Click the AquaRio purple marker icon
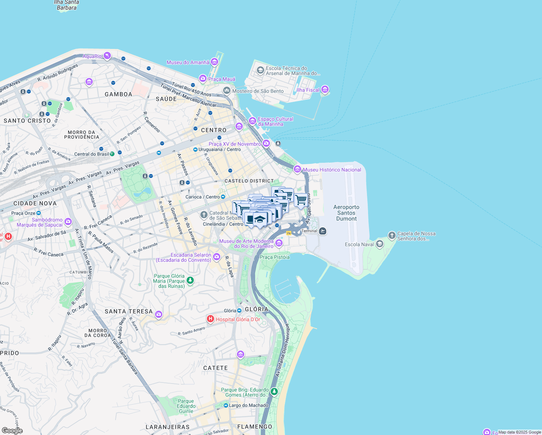click(107, 55)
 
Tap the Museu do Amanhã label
click(188, 62)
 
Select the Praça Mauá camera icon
click(203, 78)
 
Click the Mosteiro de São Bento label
click(258, 91)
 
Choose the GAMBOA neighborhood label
click(118, 94)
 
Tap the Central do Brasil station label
click(91, 154)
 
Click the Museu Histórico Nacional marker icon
click(297, 169)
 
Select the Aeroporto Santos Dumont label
click(346, 213)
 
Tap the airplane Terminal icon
click(323, 231)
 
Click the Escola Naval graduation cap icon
click(379, 244)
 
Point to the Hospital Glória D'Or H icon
click(210, 319)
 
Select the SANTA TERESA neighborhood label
click(129, 311)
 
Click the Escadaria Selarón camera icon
click(217, 257)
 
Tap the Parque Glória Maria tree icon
click(190, 280)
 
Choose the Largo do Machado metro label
click(249, 405)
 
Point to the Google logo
click(12, 431)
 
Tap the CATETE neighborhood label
click(216, 368)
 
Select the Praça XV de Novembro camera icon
click(266, 144)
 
